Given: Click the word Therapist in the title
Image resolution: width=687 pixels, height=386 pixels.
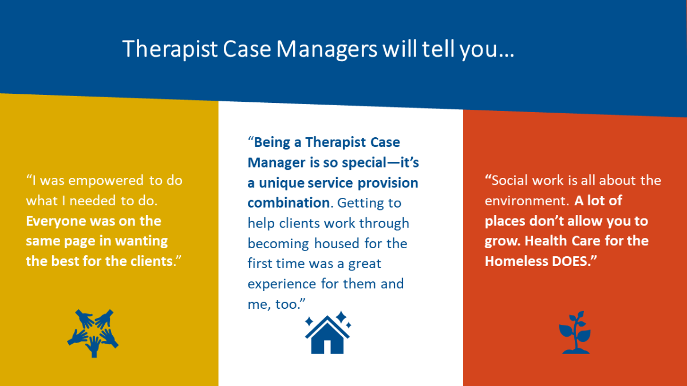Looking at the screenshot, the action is click(170, 49).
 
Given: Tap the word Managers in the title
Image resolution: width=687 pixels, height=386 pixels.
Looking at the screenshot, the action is click(327, 49).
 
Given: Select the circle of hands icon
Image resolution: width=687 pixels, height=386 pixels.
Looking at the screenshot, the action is click(93, 333).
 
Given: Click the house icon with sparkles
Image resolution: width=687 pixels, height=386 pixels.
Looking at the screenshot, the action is click(327, 333).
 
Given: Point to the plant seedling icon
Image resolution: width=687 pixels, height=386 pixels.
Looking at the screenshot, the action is click(575, 333).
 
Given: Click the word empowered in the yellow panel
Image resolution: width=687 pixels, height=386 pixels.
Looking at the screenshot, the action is click(106, 181).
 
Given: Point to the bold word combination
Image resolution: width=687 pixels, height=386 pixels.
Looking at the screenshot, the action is click(289, 203).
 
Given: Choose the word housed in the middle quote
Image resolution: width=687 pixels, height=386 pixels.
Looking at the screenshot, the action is click(337, 244).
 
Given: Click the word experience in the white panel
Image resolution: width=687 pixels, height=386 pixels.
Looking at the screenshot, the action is click(282, 284).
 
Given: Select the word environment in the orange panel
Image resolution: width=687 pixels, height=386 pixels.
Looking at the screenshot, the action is click(525, 201).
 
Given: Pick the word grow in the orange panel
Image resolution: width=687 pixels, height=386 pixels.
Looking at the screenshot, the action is click(503, 242).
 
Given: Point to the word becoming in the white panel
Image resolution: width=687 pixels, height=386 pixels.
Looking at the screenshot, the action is click(278, 244).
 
